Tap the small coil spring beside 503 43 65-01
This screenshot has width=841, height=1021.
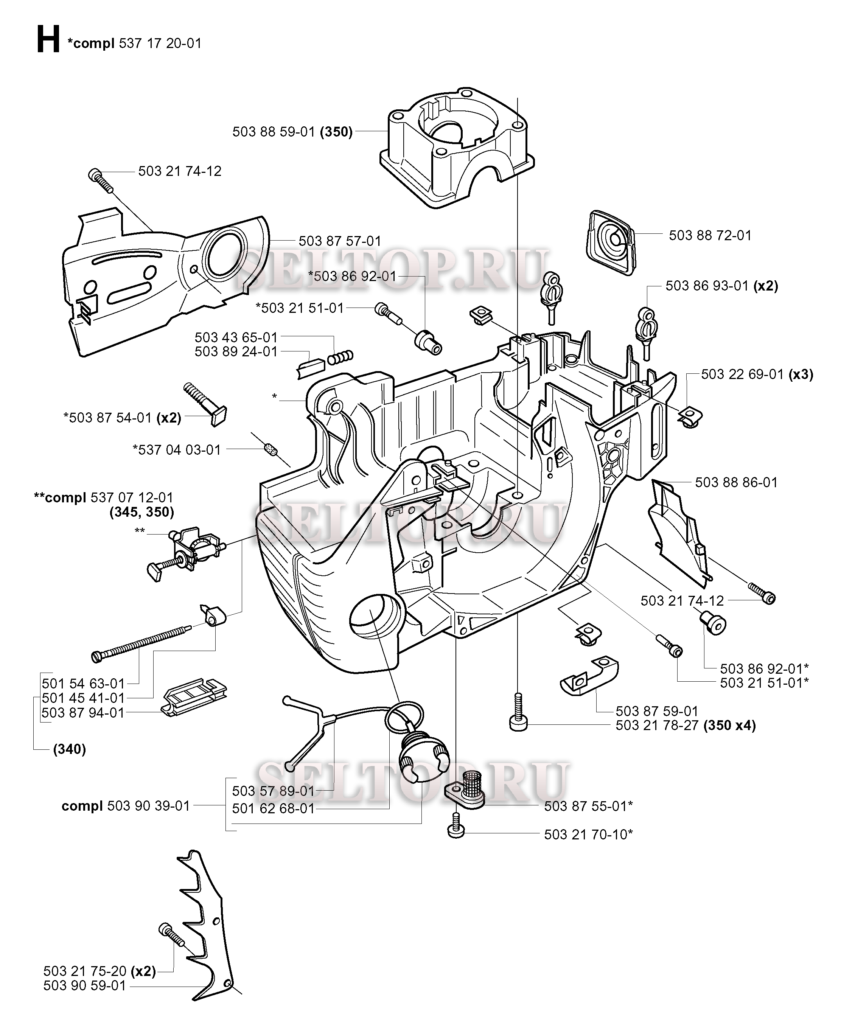tap(340, 358)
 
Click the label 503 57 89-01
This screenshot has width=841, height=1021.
tap(273, 791)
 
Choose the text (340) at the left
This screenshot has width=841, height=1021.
tap(69, 749)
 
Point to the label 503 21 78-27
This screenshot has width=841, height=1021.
tap(656, 725)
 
